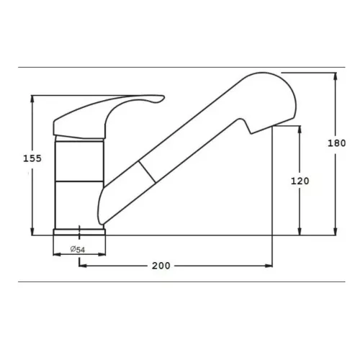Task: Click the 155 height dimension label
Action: click(32, 158)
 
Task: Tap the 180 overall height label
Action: click(337, 143)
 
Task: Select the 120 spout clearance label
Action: click(300, 181)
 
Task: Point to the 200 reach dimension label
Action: click(161, 266)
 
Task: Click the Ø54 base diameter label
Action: click(78, 249)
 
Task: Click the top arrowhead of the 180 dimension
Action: click(336, 76)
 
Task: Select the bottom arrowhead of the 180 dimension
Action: click(336, 231)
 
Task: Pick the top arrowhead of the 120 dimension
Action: click(300, 130)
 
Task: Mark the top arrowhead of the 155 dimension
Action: click(32, 99)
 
